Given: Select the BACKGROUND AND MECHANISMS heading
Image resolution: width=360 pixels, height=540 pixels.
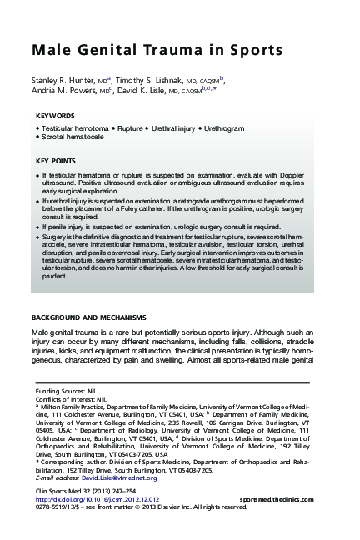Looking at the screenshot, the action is tap(88, 317).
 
